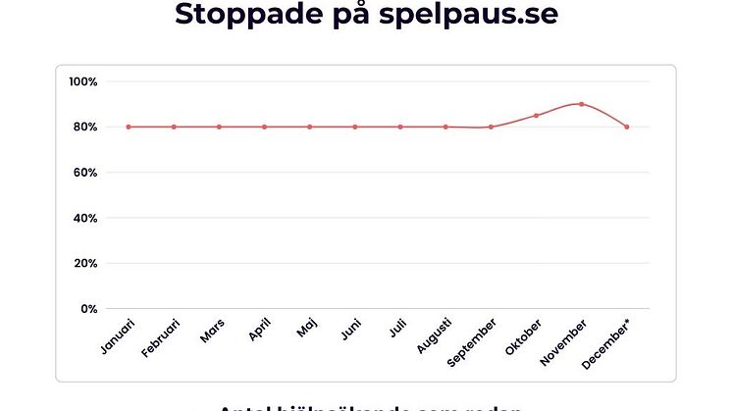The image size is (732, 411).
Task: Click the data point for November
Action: tap(581, 104)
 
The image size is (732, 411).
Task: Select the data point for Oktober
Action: tap(536, 116)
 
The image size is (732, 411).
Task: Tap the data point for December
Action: tap(626, 127)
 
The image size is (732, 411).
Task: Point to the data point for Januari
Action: tap(129, 127)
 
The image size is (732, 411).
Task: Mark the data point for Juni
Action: tap(355, 127)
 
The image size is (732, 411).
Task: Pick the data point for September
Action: tap(491, 127)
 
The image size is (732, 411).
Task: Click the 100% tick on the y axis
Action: tap(82, 81)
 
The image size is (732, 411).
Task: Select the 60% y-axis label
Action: tap(84, 173)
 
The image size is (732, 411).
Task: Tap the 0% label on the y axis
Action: tap(87, 309)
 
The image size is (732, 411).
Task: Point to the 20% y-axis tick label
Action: tap(84, 264)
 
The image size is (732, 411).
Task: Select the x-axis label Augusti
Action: tap(434, 335)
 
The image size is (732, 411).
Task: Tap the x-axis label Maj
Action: tap(307, 328)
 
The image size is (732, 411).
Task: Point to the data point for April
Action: tap(264, 127)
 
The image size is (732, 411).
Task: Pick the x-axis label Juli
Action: tap(397, 328)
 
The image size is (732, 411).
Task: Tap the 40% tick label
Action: tap(84, 218)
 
